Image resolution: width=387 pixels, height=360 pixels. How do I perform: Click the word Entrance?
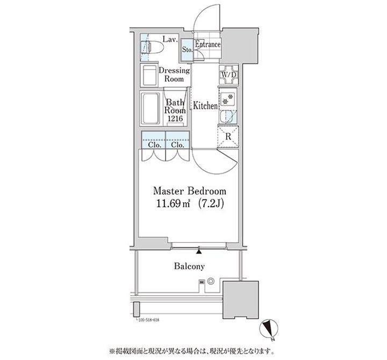(x=207, y=45)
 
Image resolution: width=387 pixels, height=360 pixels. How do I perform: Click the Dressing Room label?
(x=173, y=75)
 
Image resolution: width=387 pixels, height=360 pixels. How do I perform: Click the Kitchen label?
(x=206, y=106)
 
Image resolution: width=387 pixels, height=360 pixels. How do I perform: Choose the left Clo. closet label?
(x=154, y=145)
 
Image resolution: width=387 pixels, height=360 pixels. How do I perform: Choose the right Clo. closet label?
(x=178, y=145)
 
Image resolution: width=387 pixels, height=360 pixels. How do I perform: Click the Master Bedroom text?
(x=190, y=192)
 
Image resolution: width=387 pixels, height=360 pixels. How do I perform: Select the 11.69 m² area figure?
(x=171, y=204)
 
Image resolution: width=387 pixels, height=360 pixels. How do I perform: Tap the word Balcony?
(x=189, y=266)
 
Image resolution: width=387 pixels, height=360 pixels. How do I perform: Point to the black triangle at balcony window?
(x=199, y=250)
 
